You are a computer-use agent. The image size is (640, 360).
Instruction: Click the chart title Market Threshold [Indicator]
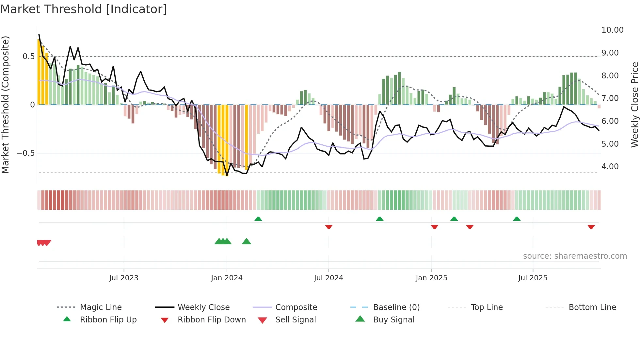[84, 9]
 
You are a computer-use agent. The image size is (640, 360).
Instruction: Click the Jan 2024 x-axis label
[227, 278]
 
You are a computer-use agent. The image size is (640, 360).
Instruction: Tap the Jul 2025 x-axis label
[533, 278]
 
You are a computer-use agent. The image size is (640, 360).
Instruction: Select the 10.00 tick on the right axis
[612, 30]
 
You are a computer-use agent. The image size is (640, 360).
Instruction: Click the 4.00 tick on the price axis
[610, 167]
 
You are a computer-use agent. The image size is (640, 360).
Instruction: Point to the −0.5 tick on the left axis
[26, 153]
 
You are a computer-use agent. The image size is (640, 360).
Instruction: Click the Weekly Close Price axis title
[634, 105]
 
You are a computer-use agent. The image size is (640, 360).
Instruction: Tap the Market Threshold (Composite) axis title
[5, 105]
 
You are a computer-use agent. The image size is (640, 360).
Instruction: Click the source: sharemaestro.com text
[575, 256]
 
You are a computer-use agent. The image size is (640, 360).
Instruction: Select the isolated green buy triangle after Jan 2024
[247, 241]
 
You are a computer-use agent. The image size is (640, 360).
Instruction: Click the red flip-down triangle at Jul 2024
[329, 227]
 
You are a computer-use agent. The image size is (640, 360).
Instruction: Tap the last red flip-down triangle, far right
[591, 227]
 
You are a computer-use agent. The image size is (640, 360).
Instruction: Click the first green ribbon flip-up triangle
[258, 219]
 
